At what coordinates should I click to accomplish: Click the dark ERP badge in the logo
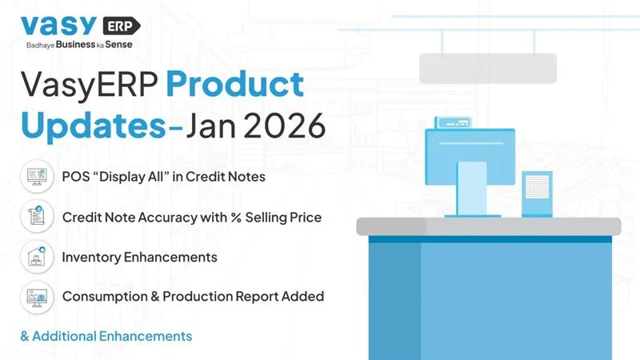click(122, 26)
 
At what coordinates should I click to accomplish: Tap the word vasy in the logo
click(58, 26)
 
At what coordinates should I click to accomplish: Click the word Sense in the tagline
click(118, 45)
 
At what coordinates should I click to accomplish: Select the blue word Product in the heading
click(234, 85)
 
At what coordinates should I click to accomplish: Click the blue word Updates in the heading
click(94, 125)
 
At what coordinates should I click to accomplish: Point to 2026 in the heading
click(285, 125)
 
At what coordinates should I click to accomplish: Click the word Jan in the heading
click(211, 125)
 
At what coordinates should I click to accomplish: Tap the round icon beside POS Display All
click(37, 177)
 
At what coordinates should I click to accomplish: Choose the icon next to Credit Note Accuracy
click(37, 216)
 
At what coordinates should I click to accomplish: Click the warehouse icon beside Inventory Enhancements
click(37, 257)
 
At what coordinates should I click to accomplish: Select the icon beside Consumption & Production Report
click(37, 297)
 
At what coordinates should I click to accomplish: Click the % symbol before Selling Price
click(236, 217)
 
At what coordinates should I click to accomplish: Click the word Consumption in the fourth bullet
click(105, 296)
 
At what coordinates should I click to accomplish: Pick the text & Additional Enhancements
click(106, 336)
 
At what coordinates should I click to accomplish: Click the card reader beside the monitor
click(537, 194)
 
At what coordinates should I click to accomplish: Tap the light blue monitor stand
click(472, 189)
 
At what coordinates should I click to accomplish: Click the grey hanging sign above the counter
click(488, 69)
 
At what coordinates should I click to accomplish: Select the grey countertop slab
click(489, 226)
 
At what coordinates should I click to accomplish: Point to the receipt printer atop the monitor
click(454, 122)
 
